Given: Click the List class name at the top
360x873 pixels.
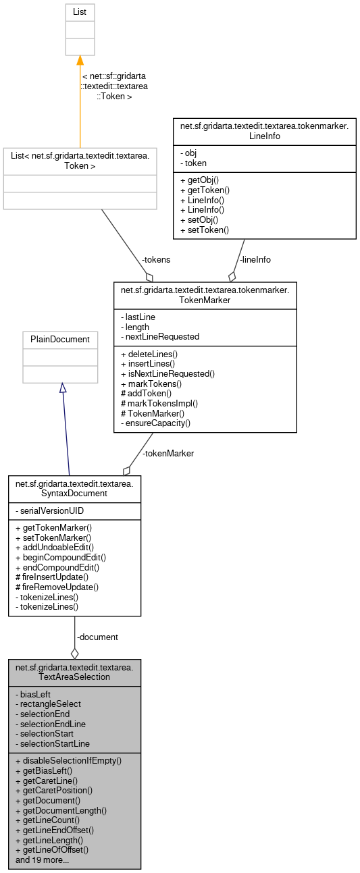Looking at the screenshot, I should click(x=80, y=12).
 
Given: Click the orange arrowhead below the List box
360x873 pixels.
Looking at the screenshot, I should click(x=80, y=61).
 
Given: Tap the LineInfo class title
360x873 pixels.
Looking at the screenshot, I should click(x=264, y=130).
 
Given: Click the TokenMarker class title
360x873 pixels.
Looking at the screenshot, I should click(x=205, y=296).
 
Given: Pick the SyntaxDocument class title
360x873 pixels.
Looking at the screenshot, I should click(x=74, y=488).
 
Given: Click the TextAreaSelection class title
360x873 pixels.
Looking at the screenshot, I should click(x=74, y=672).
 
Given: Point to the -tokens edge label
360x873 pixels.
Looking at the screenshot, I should click(x=155, y=259).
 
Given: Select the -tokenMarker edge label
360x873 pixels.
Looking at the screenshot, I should click(x=168, y=454).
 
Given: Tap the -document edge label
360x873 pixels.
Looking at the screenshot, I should click(x=97, y=637).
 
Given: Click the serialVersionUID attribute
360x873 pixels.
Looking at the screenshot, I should click(x=52, y=511).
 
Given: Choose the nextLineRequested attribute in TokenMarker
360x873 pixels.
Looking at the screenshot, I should click(x=159, y=336).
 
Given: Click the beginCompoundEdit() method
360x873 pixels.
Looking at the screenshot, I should click(x=60, y=558).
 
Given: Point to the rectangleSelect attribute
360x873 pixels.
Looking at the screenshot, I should click(x=50, y=704).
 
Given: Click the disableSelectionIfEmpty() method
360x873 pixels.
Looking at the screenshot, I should click(x=68, y=760).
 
